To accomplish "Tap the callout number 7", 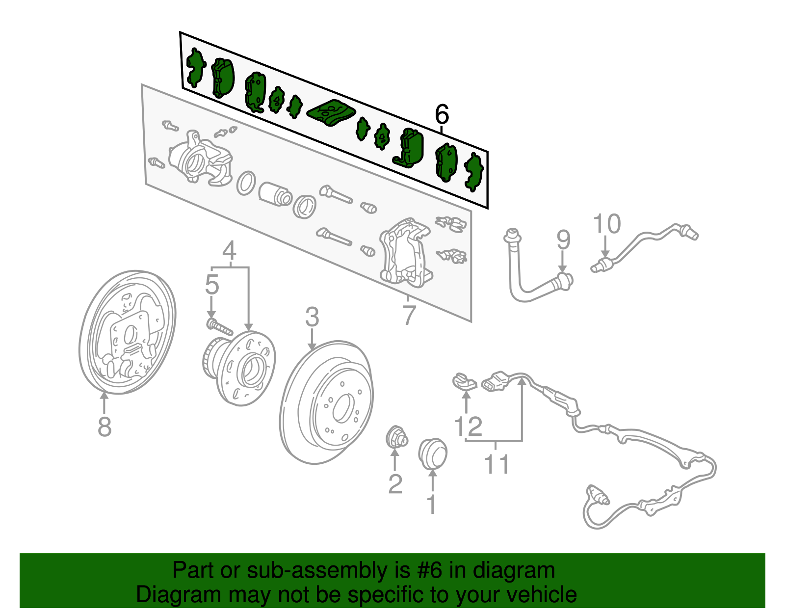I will pyautogui.click(x=409, y=315).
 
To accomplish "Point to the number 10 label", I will pyautogui.click(x=607, y=224).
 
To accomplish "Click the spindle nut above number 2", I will pyautogui.click(x=395, y=437).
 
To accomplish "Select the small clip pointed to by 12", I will pyautogui.click(x=464, y=381).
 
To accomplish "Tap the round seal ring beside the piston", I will pyautogui.click(x=246, y=183).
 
